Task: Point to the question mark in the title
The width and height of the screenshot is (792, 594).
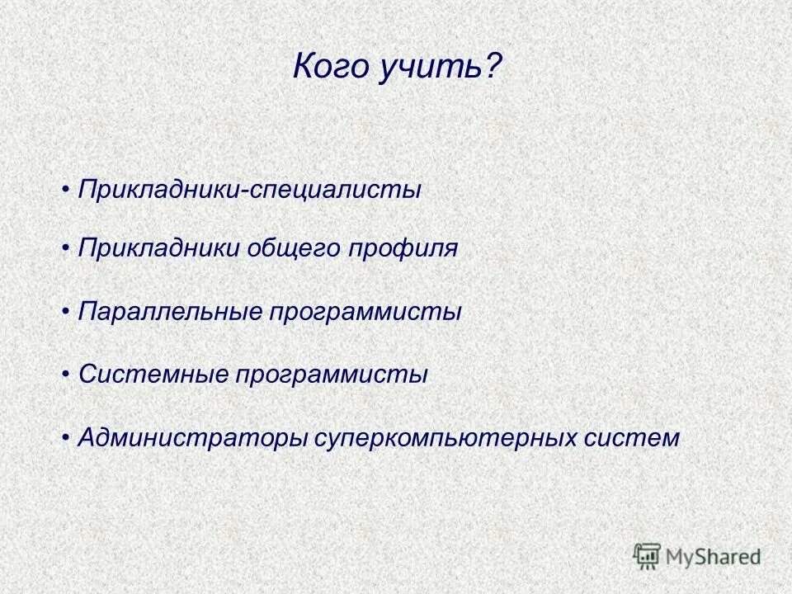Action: (x=494, y=67)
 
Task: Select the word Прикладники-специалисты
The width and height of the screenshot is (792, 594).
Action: (x=250, y=190)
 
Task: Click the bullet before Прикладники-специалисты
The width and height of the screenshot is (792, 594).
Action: (x=66, y=190)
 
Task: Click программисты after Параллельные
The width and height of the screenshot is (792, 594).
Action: (x=364, y=312)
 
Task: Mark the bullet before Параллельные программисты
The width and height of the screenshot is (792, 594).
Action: (x=66, y=312)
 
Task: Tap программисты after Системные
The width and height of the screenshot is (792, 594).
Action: (x=332, y=375)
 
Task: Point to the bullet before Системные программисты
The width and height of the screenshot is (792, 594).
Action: (x=66, y=375)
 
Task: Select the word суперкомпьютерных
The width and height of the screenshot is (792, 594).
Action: (x=442, y=437)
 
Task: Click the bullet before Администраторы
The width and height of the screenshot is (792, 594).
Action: (x=66, y=437)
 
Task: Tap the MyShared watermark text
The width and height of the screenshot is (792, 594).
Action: (x=713, y=557)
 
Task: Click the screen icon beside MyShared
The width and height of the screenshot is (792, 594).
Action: (x=647, y=555)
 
